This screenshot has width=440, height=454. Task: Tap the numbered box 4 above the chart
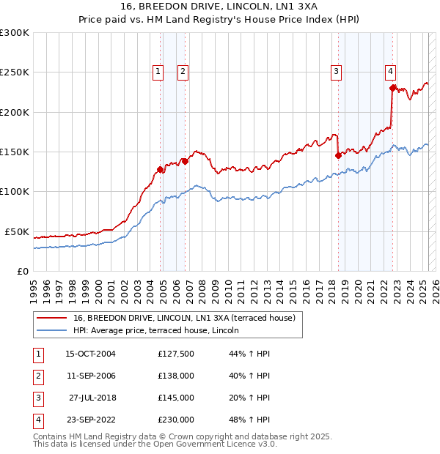tap(390, 71)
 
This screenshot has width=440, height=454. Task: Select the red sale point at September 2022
tap(392, 88)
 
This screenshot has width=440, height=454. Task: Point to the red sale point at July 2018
tap(338, 155)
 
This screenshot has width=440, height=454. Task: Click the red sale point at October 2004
tap(160, 169)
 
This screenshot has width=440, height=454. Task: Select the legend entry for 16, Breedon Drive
tap(183, 318)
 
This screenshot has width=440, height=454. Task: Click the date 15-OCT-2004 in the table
tap(91, 354)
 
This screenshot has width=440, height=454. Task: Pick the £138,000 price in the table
tap(176, 376)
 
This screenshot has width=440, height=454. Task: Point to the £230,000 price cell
tap(176, 420)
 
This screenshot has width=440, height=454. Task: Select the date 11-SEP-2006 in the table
tap(91, 376)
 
